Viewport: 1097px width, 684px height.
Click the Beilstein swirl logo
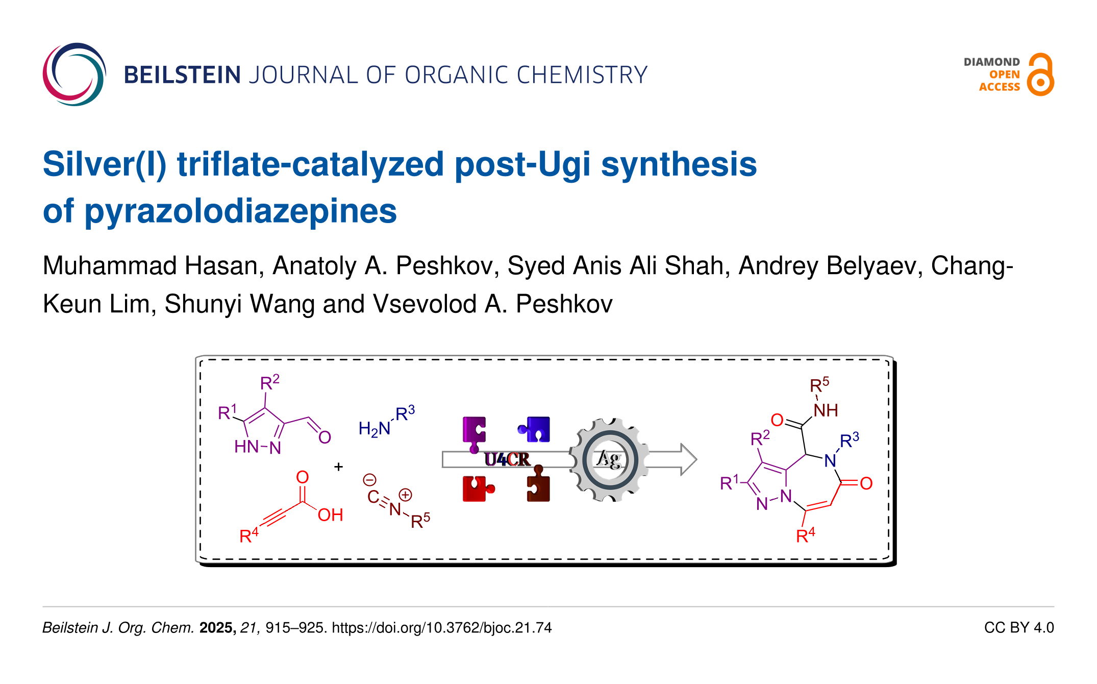coord(74,75)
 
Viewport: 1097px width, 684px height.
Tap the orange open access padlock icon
coord(1040,75)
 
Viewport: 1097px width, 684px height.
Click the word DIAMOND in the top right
coord(991,62)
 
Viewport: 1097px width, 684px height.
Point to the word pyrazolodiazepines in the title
coord(240,211)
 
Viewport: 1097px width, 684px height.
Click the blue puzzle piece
coord(535,429)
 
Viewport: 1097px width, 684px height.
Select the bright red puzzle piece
coord(477,489)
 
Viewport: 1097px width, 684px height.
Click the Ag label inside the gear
coord(609,459)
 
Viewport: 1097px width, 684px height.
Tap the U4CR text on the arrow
coord(507,459)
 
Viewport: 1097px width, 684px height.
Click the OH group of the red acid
coord(330,515)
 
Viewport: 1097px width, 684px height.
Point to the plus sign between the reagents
coord(338,467)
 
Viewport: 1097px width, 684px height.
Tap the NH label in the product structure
coord(826,410)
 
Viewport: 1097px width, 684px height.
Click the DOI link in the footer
coord(442,627)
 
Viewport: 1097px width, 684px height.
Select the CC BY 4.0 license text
coord(1018,627)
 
